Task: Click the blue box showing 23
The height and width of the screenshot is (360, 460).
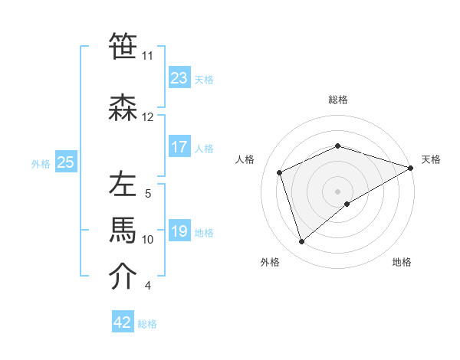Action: coord(179,78)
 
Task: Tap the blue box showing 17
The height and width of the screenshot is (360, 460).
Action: coord(179,147)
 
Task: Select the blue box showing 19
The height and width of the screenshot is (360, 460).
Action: coord(179,231)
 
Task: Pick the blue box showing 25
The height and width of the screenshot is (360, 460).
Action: coord(66,162)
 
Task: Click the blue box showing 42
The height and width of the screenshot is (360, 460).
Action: coord(123,322)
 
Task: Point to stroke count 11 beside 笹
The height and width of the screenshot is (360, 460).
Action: coord(147,56)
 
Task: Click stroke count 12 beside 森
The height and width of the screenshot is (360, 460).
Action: coord(147,117)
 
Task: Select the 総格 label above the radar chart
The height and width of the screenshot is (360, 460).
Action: coord(337,100)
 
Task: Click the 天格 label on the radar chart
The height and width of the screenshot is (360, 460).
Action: coord(431,159)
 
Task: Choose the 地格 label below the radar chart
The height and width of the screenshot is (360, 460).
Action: coord(402,262)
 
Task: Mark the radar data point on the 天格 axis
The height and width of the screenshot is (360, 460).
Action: coord(411,168)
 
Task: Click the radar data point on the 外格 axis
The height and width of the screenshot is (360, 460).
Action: coord(301,242)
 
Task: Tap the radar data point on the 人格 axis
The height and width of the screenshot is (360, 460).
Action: coord(280,172)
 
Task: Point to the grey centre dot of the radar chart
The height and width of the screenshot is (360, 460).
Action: coord(337,191)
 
